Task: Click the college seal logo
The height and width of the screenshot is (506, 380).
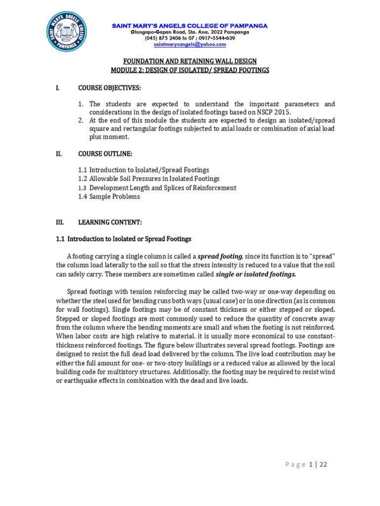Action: coord(67,32)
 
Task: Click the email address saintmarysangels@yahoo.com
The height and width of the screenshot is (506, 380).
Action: coord(190,44)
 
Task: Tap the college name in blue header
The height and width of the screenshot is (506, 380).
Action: coord(190,25)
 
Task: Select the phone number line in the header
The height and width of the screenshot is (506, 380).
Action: coord(190,38)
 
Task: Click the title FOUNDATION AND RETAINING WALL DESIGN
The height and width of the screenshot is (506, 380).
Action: coord(190,61)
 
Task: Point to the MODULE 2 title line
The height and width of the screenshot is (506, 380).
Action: coord(190,70)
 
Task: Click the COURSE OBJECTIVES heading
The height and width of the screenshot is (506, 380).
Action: coord(109,88)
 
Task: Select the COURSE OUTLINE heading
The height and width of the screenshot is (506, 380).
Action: coord(105,154)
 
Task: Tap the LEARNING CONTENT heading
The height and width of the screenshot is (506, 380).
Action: coord(110,222)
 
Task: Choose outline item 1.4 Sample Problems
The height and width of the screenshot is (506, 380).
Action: coord(109,197)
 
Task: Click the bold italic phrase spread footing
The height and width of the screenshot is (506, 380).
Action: coord(220,256)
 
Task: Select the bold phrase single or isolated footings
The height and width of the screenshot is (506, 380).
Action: coord(256,274)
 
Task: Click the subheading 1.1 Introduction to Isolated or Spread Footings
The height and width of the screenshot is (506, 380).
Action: coord(123,239)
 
